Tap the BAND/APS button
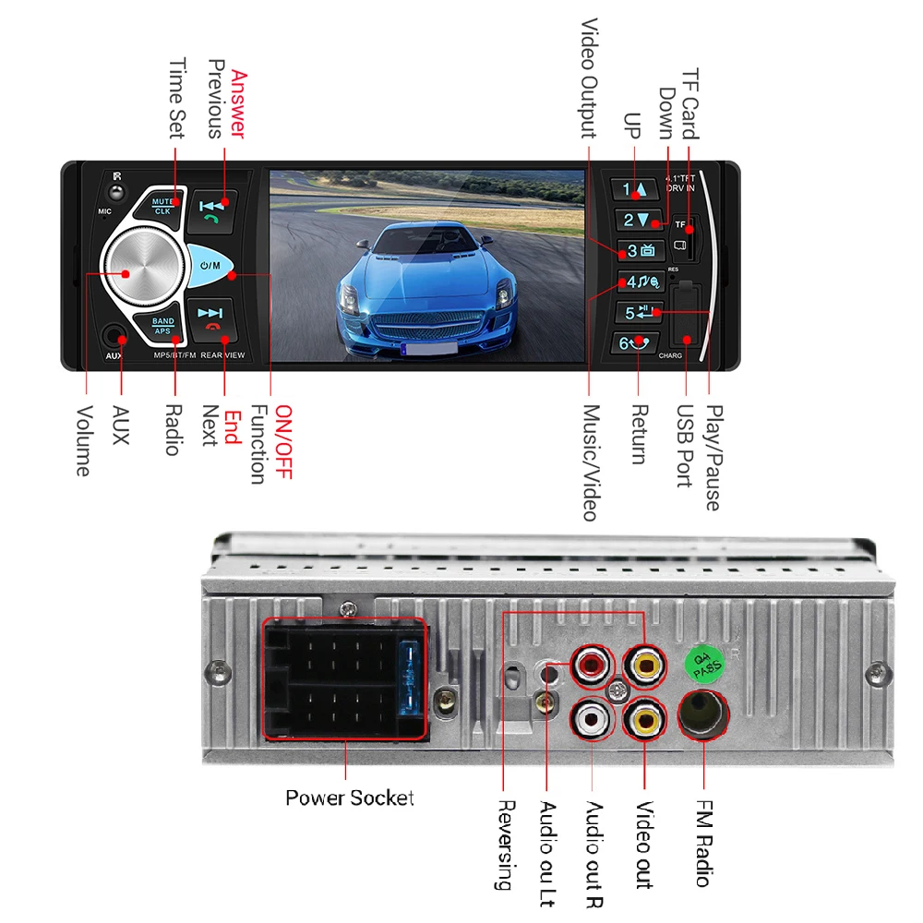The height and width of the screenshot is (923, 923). pos(162,326)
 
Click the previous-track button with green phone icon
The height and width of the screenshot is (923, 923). pos(212,211)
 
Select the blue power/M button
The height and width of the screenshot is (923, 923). pos(211,266)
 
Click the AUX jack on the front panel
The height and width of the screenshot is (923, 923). pos(114,337)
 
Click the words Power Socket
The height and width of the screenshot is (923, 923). pos(349,798)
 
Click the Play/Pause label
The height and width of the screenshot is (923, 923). pos(712,458)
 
